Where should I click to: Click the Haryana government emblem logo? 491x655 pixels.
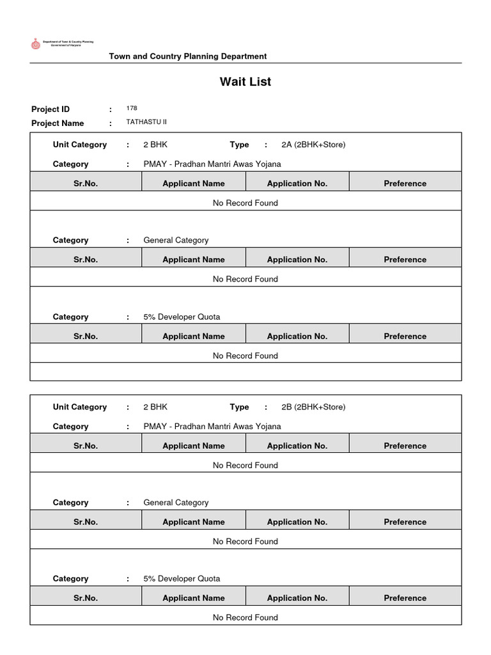click(35, 43)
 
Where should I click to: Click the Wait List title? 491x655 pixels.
click(245, 82)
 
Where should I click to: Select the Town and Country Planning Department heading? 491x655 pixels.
click(188, 56)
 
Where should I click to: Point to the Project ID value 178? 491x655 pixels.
click(132, 109)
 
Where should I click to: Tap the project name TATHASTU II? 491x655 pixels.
click(146, 122)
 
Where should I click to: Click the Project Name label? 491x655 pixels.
click(58, 123)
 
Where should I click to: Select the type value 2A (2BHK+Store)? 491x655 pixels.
click(313, 145)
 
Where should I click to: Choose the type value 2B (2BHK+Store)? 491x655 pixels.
click(313, 407)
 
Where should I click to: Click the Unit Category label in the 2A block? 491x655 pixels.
click(80, 145)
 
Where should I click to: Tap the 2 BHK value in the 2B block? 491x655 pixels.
click(155, 407)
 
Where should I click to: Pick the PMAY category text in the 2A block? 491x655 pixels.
click(212, 164)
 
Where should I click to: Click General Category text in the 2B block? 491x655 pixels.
click(176, 503)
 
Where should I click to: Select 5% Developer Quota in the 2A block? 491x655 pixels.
click(182, 317)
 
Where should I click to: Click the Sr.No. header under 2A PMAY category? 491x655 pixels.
click(86, 184)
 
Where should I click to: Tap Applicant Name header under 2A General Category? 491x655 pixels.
click(194, 260)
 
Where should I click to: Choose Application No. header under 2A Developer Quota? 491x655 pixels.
click(297, 336)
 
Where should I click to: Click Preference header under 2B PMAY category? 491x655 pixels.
click(405, 446)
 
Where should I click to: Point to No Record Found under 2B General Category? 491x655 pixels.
click(245, 541)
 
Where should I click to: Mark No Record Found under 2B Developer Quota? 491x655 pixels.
click(245, 617)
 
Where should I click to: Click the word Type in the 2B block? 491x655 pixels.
click(239, 407)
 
